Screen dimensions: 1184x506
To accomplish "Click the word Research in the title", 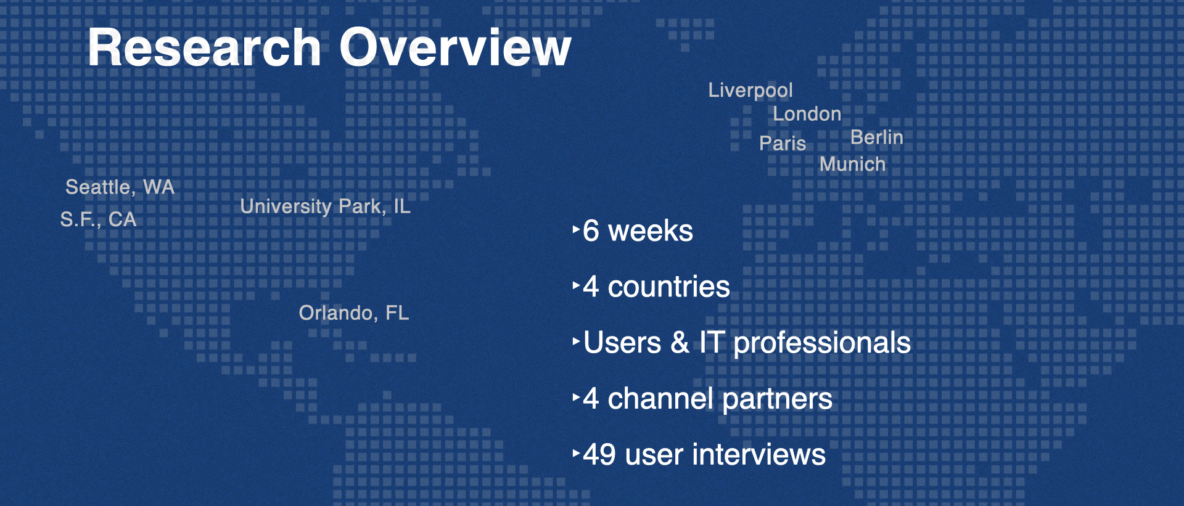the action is tap(204, 47).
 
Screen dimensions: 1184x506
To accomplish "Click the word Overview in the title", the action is tap(456, 47).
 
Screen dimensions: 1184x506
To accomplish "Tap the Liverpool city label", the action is tap(750, 91).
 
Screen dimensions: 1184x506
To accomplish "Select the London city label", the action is tap(807, 114).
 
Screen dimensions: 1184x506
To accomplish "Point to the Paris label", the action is tap(783, 144).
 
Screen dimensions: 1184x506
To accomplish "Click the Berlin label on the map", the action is tap(877, 137).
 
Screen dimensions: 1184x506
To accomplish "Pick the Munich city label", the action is tap(852, 165).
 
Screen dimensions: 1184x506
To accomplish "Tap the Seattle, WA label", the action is tap(120, 187).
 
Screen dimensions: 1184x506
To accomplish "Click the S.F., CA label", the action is tap(98, 219).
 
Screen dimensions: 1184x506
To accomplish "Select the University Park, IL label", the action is tap(325, 206).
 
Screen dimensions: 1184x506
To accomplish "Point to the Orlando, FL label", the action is tap(354, 313).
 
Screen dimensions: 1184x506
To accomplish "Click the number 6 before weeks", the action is tap(591, 231).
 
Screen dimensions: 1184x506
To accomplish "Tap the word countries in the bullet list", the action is tap(669, 287).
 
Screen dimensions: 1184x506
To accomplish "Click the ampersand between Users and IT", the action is tap(680, 343).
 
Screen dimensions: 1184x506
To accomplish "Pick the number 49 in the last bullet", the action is tap(599, 455).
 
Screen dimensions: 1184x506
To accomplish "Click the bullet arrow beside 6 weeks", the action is tap(576, 230).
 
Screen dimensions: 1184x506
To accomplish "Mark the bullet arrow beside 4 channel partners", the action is tap(576, 398).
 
